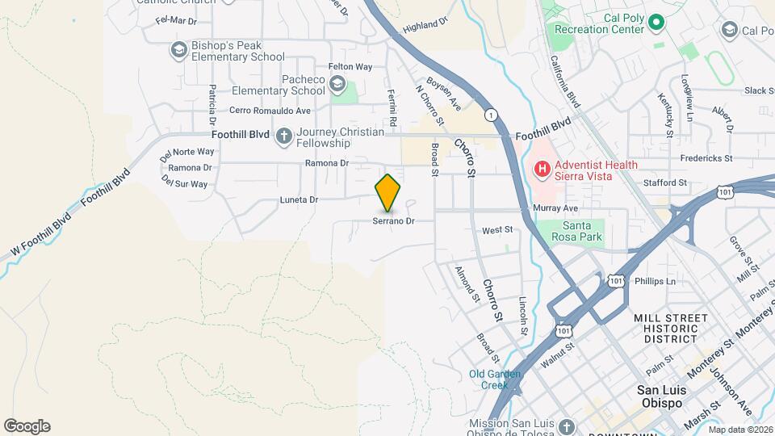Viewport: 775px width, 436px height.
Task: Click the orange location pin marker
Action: tap(387, 193)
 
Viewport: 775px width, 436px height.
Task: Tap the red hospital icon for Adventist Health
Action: tap(542, 170)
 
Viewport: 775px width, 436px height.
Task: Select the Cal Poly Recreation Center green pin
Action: tap(656, 23)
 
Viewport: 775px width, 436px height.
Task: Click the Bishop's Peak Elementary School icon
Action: tap(178, 50)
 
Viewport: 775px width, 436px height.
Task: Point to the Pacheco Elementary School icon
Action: tap(337, 84)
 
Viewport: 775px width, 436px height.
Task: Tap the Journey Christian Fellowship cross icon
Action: tap(283, 136)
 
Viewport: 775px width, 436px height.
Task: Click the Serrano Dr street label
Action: tap(393, 220)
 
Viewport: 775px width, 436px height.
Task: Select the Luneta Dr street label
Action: tap(299, 199)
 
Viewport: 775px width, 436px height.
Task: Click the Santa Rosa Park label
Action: tap(583, 231)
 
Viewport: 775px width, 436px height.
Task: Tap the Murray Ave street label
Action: tap(555, 208)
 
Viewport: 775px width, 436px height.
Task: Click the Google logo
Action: tap(27, 426)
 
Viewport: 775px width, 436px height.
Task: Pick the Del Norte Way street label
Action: tap(186, 151)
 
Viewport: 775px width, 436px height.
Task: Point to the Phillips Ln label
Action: tap(655, 282)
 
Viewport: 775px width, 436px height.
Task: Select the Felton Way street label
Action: tap(350, 67)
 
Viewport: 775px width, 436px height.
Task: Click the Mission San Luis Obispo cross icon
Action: tap(566, 426)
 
